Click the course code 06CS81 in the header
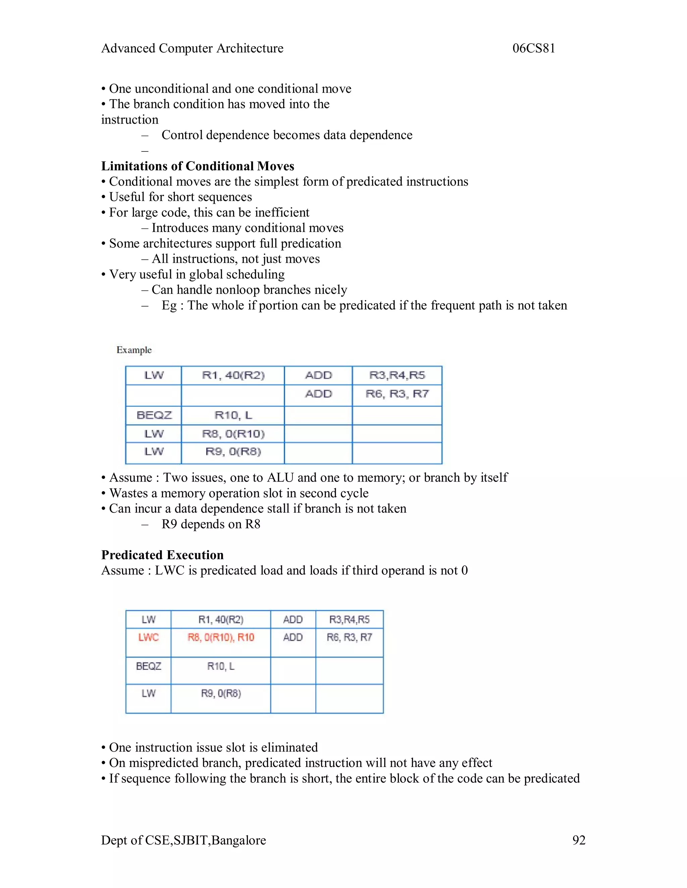click(x=534, y=48)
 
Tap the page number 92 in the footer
click(x=578, y=840)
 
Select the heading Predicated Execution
click(x=162, y=555)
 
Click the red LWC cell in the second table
click(x=148, y=637)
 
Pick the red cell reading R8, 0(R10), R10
click(x=221, y=637)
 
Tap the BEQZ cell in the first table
click(x=154, y=415)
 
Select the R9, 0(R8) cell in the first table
click(x=233, y=451)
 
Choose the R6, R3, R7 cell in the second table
click(x=349, y=637)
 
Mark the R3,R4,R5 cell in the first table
click(x=397, y=375)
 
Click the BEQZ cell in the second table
click(x=148, y=666)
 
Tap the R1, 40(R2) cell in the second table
click(x=221, y=619)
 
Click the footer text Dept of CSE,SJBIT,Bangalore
click(x=183, y=840)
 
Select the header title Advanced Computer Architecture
click(x=192, y=48)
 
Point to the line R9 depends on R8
click(x=210, y=524)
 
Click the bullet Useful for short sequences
click(x=180, y=197)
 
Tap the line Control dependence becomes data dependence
click(x=286, y=135)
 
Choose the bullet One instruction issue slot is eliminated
click(x=213, y=747)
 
